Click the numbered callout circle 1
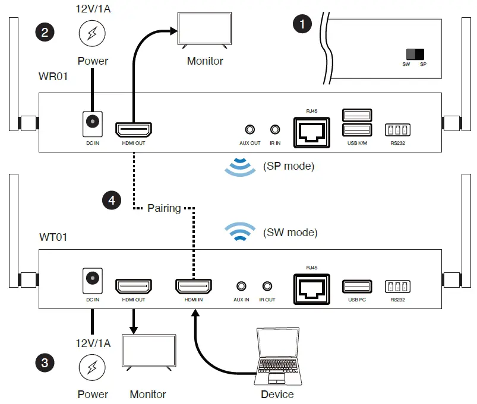point(303,24)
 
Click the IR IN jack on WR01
point(275,129)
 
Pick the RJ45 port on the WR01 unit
point(311,129)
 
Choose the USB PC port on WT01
point(356,286)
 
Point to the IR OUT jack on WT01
point(267,286)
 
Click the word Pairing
point(164,208)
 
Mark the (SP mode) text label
point(289,166)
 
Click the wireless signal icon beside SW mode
point(240,232)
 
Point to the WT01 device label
point(53,237)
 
